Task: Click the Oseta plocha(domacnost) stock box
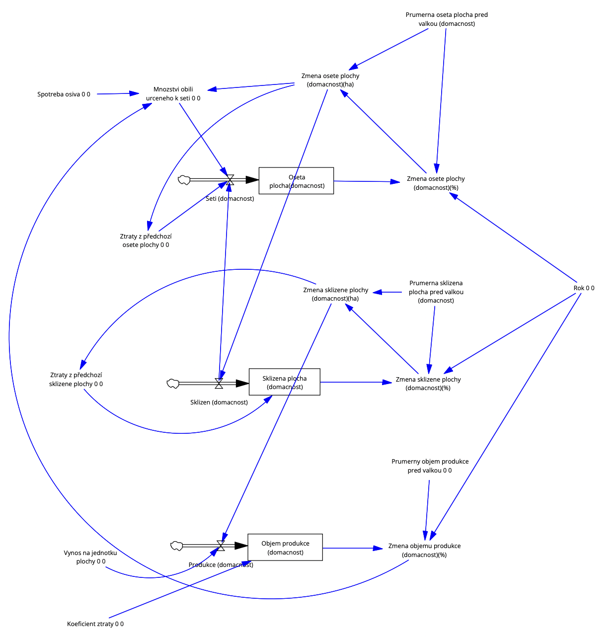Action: point(296,181)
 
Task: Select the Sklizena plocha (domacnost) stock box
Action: point(284,382)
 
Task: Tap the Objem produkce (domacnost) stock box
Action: point(285,548)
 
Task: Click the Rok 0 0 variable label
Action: point(584,288)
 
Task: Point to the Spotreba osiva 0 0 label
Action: point(64,94)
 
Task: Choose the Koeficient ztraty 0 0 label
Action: point(95,624)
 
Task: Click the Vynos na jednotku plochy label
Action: point(90,557)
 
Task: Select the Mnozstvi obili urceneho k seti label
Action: point(173,94)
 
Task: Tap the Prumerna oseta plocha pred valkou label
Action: point(447,19)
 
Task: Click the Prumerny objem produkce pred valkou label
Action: point(430,466)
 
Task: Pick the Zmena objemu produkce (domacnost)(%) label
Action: point(424,550)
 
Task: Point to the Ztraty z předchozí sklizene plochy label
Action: point(76,380)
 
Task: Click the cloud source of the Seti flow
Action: point(184,180)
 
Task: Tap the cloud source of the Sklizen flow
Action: point(172,383)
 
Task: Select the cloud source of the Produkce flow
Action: point(176,546)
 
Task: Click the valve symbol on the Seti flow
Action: point(230,180)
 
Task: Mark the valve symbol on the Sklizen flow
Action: point(219,383)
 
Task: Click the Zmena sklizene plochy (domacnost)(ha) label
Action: point(335,294)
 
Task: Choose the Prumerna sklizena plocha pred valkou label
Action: point(436,292)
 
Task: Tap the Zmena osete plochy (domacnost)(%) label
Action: point(436,183)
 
